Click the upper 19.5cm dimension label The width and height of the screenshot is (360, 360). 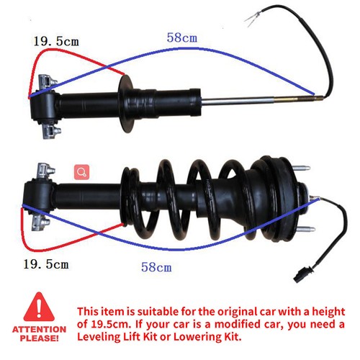[55, 42]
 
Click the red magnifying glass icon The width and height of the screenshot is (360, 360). [82, 172]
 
